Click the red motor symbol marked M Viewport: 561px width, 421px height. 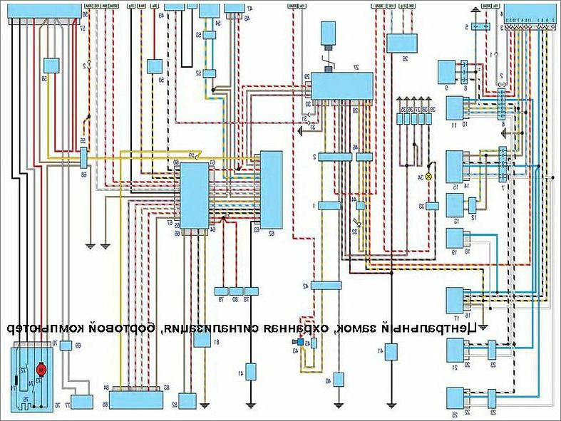coord(41,368)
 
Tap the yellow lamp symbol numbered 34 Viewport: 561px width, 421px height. coord(428,176)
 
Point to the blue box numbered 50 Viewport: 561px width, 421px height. coord(155,67)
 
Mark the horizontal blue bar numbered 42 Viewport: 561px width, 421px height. coord(327,285)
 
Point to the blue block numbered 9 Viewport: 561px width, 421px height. coord(448,72)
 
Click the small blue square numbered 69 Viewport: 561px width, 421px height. coord(65,346)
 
